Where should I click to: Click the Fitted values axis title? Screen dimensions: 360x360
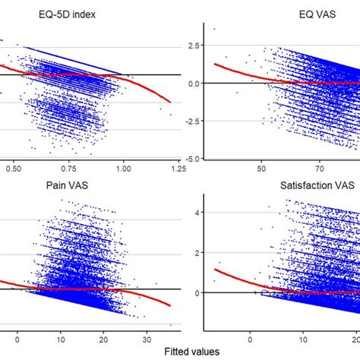coord(193,351)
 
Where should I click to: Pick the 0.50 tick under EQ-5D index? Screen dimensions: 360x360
coord(13,169)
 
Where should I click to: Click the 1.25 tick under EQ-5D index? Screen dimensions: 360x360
coord(178,169)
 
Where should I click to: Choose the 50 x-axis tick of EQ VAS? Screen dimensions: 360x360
coord(261,169)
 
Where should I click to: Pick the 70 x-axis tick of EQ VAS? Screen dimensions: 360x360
coord(318,169)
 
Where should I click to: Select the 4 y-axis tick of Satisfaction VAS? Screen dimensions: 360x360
coord(195,213)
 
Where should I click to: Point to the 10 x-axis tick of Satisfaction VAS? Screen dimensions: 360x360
coord(303,341)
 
